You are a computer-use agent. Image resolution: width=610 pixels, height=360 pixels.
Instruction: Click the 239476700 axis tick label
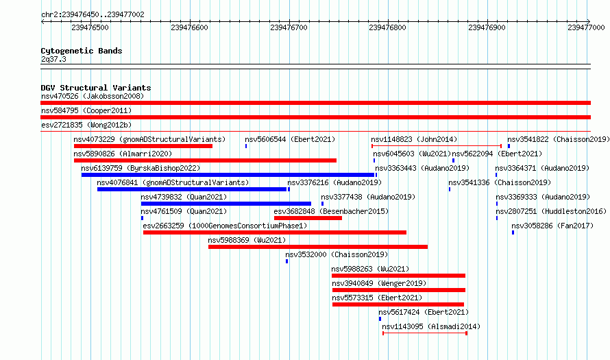coord(289,27)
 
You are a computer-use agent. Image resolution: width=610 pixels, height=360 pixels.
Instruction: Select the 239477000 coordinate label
coord(586,27)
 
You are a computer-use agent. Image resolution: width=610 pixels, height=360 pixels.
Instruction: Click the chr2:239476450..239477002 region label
coord(93,14)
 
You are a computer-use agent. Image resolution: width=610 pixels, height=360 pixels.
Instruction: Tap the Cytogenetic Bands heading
coord(82,51)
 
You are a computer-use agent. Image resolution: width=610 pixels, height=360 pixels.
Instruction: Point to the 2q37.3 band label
coord(53,59)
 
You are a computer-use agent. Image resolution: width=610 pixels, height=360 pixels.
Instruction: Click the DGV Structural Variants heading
coord(96,88)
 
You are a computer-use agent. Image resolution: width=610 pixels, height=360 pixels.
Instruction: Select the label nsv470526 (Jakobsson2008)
coord(93,96)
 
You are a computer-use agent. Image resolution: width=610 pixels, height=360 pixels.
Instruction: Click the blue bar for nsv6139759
coord(228,175)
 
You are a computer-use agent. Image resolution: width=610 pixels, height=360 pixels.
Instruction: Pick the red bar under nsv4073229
coord(143,146)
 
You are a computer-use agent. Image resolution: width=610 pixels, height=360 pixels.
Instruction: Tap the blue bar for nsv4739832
coord(226,204)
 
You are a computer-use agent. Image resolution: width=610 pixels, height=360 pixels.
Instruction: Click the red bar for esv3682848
coord(308,218)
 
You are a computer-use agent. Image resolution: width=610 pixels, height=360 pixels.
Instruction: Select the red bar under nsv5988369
coord(318,247)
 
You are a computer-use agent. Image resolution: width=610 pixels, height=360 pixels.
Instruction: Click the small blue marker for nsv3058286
coord(513,232)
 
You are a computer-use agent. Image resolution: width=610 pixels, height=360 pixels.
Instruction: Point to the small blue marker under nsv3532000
coord(286,261)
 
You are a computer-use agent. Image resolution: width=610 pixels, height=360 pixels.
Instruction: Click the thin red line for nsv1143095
coord(425,333)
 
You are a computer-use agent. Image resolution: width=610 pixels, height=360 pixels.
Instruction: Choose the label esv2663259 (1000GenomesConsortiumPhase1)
coord(225,226)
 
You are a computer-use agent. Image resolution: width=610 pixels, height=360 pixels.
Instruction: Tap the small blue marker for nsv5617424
coord(380,319)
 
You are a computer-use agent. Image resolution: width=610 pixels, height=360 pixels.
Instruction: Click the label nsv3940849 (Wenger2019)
coord(379,283)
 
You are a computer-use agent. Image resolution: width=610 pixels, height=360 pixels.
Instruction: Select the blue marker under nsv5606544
coord(246,146)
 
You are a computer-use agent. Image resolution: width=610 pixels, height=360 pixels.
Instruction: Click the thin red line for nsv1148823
coord(437,146)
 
